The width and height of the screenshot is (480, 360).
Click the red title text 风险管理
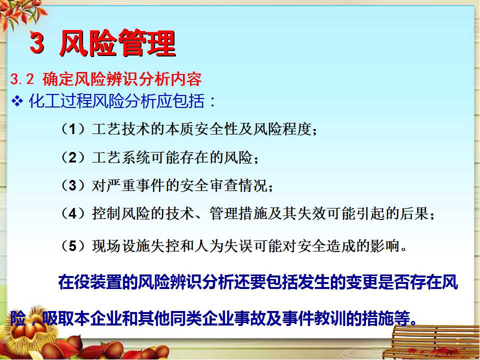click(117, 43)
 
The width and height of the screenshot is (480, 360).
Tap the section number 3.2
click(22, 79)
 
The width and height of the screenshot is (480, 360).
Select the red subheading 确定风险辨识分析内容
click(122, 79)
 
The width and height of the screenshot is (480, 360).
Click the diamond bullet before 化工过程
click(17, 100)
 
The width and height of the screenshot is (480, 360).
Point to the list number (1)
click(72, 129)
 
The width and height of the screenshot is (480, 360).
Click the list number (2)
click(72, 157)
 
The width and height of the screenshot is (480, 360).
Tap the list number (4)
click(72, 213)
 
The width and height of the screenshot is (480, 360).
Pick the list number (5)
click(72, 246)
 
